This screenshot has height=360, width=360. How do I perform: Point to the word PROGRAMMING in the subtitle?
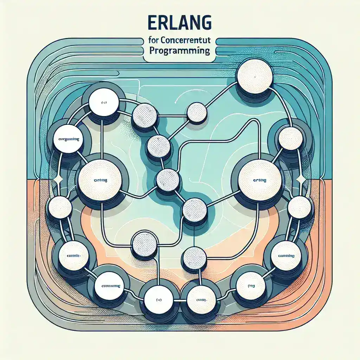coord(180,50)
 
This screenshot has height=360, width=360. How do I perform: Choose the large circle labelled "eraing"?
coord(259,180)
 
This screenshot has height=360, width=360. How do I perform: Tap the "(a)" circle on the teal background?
coord(103,103)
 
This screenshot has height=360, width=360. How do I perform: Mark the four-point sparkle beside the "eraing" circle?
coord(301,179)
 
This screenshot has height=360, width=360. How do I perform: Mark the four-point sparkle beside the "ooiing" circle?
coord(58,179)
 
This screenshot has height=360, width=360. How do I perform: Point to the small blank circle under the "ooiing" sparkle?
coord(60,207)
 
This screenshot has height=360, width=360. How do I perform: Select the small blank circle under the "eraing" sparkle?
coord(299,207)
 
